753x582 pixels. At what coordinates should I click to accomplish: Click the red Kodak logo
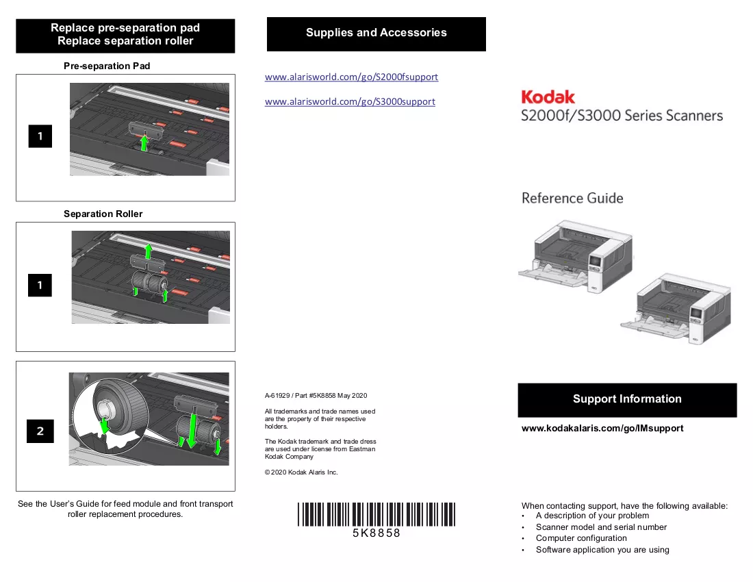pos(548,97)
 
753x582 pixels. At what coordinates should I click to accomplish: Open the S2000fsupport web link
pos(352,77)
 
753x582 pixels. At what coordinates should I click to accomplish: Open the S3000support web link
pos(350,101)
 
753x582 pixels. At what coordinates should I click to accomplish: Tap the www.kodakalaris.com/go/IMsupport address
pos(602,428)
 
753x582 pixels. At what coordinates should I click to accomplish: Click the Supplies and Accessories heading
pos(376,33)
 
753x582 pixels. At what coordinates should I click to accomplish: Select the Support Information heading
pos(627,398)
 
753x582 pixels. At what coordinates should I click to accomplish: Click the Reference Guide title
pos(572,198)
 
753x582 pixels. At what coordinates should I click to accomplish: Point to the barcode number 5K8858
pos(376,533)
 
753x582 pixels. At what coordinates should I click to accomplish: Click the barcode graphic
pos(376,514)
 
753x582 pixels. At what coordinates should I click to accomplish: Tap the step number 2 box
pos(40,431)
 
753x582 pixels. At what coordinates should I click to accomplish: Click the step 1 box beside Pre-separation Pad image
pos(40,136)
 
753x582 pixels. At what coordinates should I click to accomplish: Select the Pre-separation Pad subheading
pos(107,66)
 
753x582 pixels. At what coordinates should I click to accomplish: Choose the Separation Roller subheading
pos(103,214)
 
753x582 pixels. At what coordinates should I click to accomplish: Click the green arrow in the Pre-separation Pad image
pos(144,142)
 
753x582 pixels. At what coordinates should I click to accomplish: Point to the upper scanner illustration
pos(575,256)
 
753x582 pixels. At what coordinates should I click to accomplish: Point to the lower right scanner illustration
pos(676,308)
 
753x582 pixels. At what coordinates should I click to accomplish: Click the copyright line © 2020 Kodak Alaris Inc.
pos(301,472)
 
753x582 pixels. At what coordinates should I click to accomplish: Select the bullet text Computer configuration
pos(581,537)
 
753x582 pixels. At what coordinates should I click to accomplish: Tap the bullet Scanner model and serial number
pos(601,527)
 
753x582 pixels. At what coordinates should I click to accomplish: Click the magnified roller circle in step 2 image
pos(110,414)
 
